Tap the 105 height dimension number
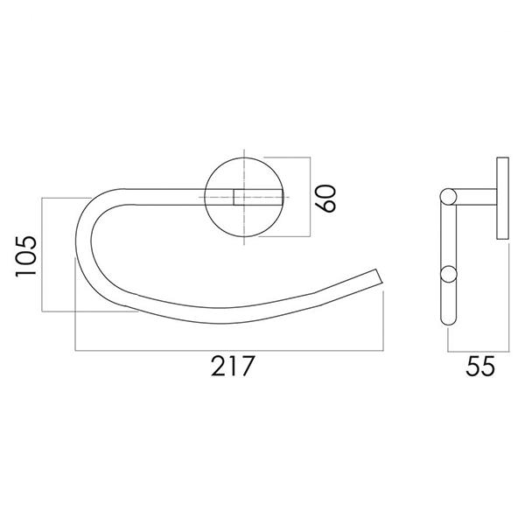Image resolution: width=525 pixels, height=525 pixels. (27, 255)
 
